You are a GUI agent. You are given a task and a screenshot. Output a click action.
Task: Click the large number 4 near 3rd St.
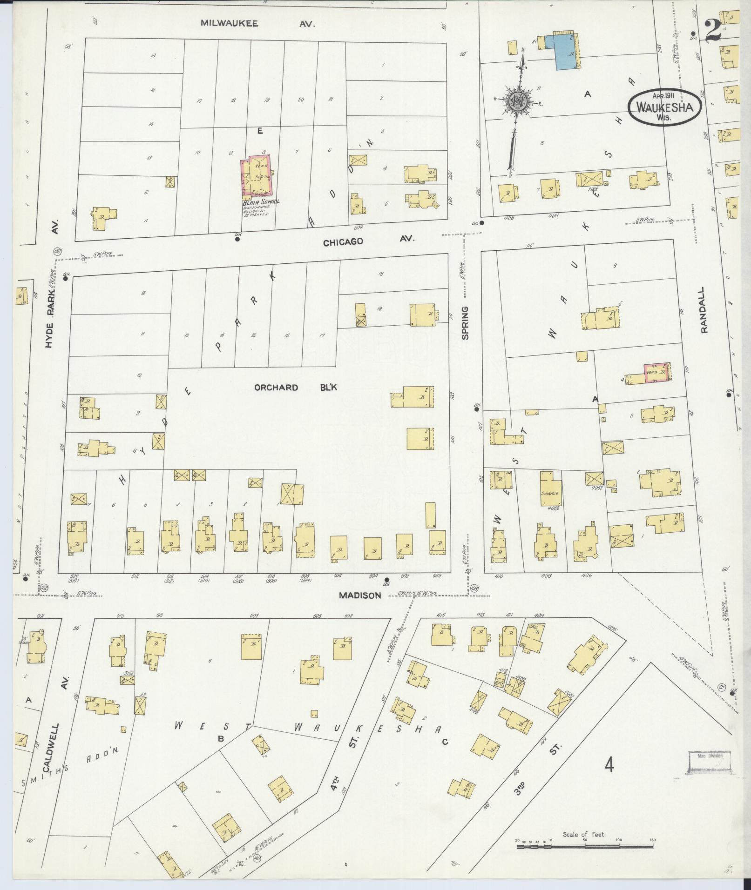pyautogui.click(x=609, y=764)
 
